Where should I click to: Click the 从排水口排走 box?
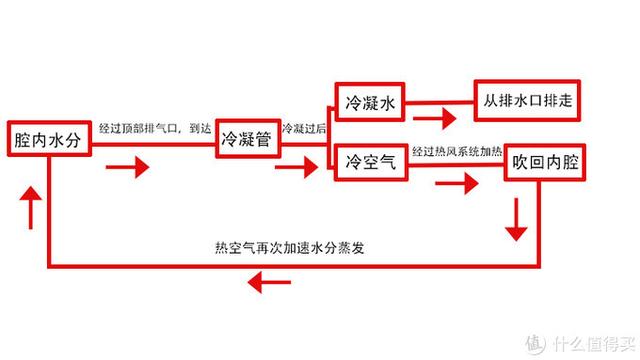pyautogui.click(x=529, y=101)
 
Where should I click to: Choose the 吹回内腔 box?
pyautogui.click(x=545, y=161)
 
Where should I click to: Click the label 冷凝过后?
pyautogui.click(x=302, y=130)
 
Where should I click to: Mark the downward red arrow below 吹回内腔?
pyautogui.click(x=516, y=219)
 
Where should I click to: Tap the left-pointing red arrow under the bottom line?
pyautogui.click(x=269, y=285)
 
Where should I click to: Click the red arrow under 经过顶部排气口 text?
pyautogui.click(x=127, y=166)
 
